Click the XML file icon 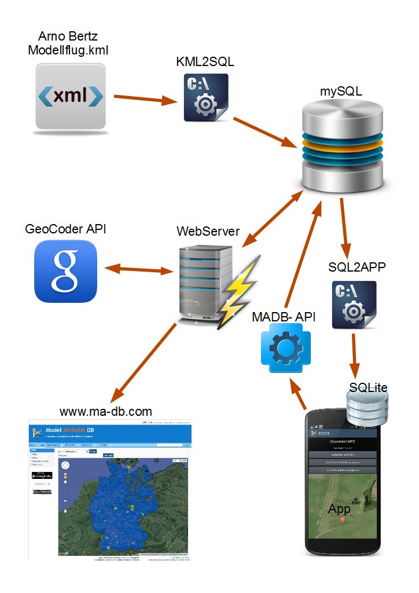[x=71, y=96]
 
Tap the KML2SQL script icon [x=206, y=97]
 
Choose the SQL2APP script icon [x=354, y=305]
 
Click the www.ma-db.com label [x=106, y=412]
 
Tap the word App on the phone [x=340, y=509]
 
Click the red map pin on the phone [x=343, y=520]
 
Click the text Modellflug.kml [x=68, y=50]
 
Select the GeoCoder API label [x=65, y=229]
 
